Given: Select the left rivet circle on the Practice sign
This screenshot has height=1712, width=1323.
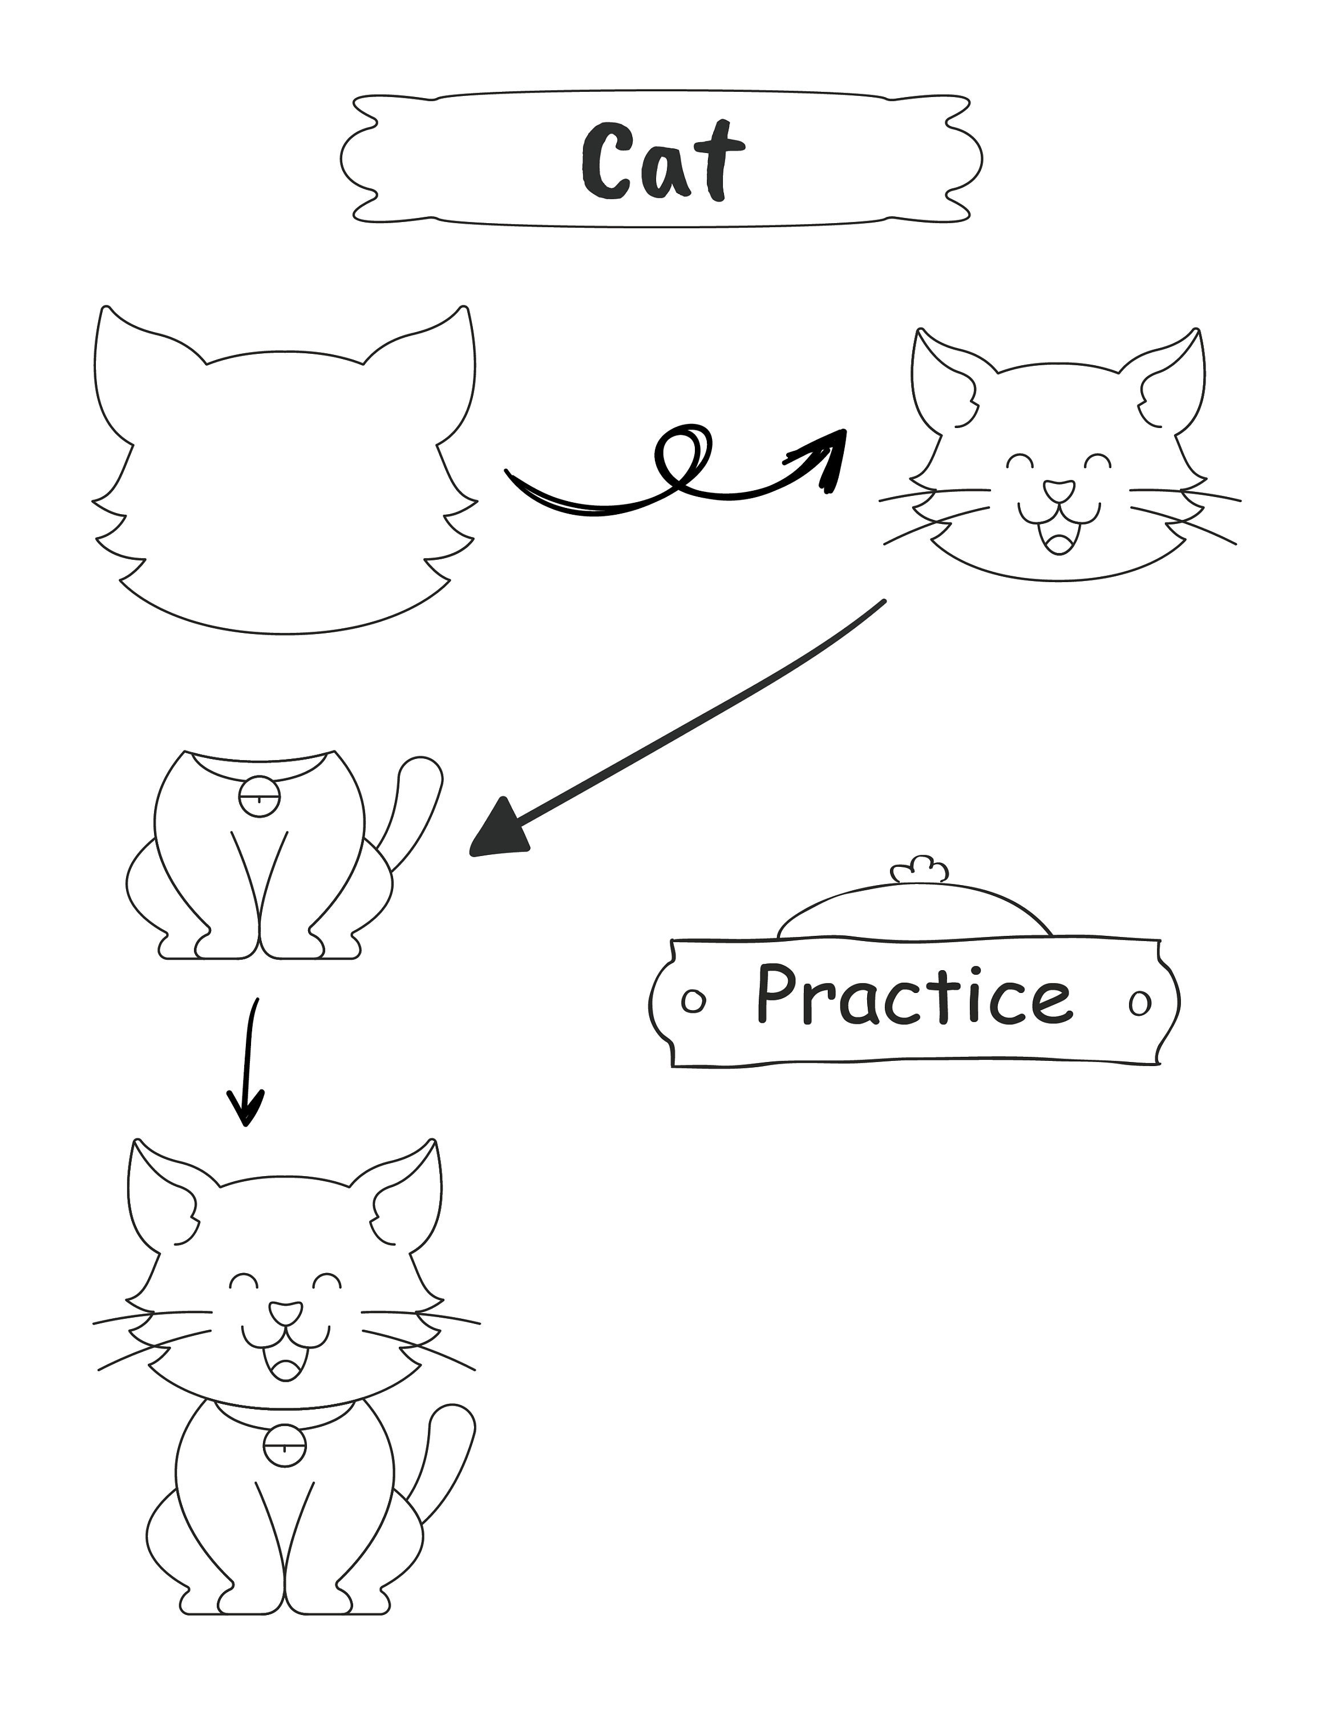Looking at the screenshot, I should [x=693, y=1001].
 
